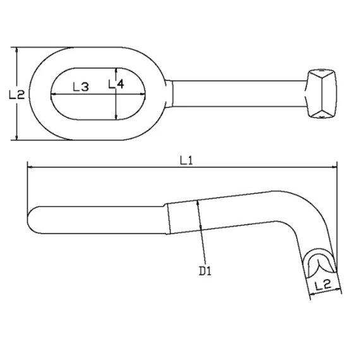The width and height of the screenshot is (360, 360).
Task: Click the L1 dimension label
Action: (x=186, y=160)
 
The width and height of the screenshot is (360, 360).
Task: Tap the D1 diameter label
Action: (x=205, y=271)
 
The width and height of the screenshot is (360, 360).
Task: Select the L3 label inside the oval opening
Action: (x=81, y=87)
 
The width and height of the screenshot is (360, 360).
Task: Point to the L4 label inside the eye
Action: (x=116, y=84)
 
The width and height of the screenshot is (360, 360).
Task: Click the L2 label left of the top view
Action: (x=16, y=94)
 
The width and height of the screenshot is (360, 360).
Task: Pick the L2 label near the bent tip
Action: (x=323, y=285)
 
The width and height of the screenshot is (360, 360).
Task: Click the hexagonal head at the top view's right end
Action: (x=320, y=93)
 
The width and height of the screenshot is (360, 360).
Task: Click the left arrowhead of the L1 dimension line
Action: (x=30, y=167)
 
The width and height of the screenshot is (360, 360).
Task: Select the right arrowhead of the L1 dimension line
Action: (x=334, y=167)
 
